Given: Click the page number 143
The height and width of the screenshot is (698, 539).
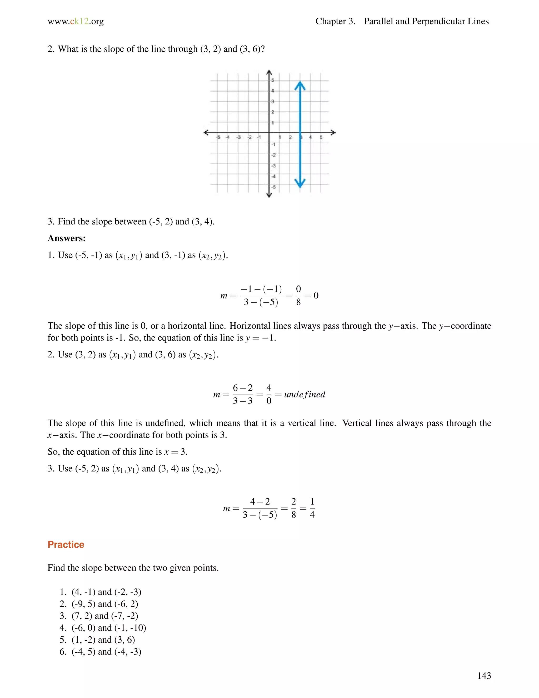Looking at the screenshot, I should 484,675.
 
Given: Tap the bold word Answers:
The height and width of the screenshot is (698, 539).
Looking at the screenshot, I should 66,238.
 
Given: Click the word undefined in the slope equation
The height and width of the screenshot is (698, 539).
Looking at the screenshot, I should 304,394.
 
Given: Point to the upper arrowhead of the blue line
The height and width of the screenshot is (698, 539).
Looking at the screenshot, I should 300,85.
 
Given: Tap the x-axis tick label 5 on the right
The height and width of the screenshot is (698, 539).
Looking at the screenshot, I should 321,137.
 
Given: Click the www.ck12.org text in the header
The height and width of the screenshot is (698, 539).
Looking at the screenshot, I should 76,21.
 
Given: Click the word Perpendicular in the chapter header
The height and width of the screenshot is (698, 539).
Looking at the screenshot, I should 438,21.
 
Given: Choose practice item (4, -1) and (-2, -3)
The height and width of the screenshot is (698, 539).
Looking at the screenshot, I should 106,592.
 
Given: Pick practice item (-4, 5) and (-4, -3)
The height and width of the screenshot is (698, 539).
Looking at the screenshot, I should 106,652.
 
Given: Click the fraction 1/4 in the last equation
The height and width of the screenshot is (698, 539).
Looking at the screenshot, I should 312,508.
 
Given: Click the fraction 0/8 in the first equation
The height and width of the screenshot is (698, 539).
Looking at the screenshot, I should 298,295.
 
